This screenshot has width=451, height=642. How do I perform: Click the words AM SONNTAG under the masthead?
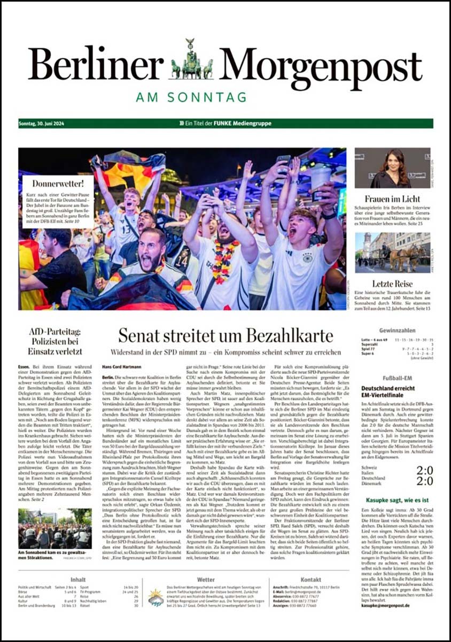(191, 97)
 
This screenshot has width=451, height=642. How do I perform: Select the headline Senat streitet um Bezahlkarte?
(225, 335)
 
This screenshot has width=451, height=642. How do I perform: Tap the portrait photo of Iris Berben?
(392, 168)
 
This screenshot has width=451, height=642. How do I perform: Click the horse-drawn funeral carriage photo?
(392, 252)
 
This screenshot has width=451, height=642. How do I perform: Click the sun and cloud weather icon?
(155, 597)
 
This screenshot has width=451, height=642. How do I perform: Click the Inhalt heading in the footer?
(77, 579)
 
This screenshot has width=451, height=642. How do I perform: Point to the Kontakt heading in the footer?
(310, 579)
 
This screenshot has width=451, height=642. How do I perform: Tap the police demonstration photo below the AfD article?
(55, 529)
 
